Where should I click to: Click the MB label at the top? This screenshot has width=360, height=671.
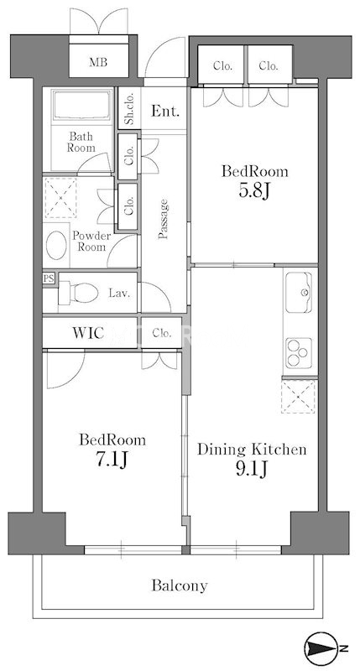point(98,62)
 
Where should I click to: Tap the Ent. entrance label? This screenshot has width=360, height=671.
point(164,112)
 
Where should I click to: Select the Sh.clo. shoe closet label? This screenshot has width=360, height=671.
point(128,108)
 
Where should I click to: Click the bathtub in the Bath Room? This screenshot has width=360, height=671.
point(81,106)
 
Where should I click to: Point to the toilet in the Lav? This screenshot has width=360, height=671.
point(78,293)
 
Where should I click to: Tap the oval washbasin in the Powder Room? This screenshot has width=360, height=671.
point(56,246)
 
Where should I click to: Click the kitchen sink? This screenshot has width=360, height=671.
point(300,293)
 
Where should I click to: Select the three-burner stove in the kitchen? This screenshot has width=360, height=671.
point(300,352)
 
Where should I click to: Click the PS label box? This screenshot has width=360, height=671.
point(49,278)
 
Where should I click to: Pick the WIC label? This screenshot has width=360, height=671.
point(88,333)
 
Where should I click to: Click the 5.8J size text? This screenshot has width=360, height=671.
point(254,191)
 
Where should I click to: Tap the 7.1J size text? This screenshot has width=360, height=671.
point(112,460)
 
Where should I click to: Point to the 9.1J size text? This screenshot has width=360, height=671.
point(252,469)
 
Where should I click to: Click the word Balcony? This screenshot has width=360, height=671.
point(180,585)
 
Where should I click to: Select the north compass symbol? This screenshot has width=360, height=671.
point(321,647)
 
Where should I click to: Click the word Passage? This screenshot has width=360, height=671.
point(163,219)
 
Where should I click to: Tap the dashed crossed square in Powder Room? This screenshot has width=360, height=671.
point(60,198)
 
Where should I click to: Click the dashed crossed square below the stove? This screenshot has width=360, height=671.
point(299,397)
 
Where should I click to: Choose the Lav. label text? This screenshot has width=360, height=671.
point(119,294)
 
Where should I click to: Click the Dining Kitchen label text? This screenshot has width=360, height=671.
point(252,450)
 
